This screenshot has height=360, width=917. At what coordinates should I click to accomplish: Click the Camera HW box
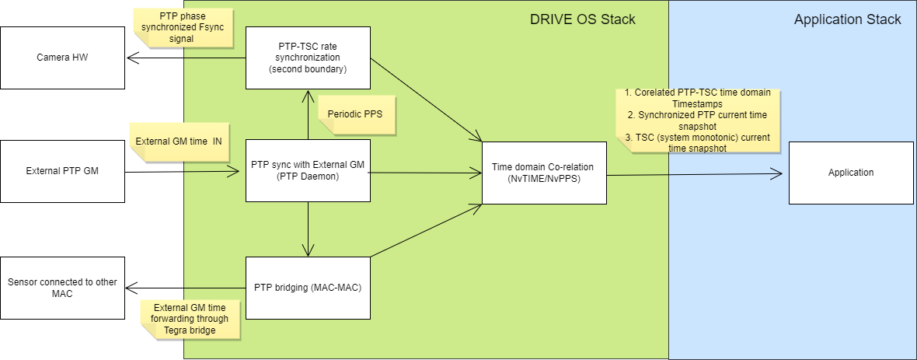click(x=63, y=58)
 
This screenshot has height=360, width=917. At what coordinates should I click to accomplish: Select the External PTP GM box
click(x=63, y=172)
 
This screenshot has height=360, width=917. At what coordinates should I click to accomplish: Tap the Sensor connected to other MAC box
click(x=63, y=288)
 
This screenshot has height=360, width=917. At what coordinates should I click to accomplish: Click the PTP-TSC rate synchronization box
click(x=309, y=58)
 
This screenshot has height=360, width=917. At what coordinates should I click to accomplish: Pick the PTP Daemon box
click(x=309, y=171)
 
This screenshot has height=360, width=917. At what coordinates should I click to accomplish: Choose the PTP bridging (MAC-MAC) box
click(x=309, y=288)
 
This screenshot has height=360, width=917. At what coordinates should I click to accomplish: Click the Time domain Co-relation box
click(x=545, y=173)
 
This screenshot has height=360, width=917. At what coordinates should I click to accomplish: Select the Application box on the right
click(x=851, y=173)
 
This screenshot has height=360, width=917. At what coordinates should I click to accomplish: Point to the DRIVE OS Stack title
click(x=583, y=19)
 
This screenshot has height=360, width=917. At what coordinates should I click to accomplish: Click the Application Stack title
click(x=847, y=19)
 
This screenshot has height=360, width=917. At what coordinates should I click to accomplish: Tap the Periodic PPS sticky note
click(x=355, y=114)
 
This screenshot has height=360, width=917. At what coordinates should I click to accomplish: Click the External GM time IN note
click(x=179, y=142)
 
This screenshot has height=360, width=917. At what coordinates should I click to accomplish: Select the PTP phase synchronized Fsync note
click(x=183, y=28)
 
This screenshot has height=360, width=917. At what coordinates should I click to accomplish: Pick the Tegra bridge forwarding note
click(x=190, y=320)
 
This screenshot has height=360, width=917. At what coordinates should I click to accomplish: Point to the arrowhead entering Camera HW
click(x=131, y=58)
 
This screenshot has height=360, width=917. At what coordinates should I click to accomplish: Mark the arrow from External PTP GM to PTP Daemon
click(x=183, y=172)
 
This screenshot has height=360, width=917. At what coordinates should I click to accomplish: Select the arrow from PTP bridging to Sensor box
click(x=186, y=288)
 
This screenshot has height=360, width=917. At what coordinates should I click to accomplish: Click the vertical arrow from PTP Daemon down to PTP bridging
click(x=309, y=229)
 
